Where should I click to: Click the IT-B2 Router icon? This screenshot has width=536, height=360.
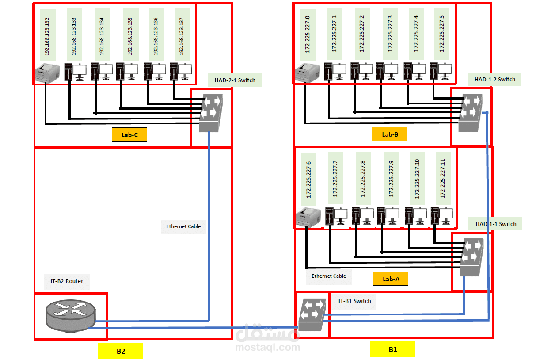click(70, 315)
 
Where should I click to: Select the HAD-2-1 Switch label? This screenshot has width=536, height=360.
click(234, 80)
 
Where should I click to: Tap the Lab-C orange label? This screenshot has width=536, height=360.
click(129, 135)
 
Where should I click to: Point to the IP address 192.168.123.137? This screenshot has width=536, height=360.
click(182, 34)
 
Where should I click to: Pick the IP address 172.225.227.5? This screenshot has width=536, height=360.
click(441, 34)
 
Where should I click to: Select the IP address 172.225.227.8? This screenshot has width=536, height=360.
click(363, 179)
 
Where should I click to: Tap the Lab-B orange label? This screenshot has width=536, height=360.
click(389, 134)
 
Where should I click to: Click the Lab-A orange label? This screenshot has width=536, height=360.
click(390, 279)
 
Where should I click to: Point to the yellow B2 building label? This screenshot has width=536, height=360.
click(120, 351)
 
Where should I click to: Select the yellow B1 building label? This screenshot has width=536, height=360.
click(392, 349)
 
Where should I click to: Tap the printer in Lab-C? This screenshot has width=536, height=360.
click(47, 73)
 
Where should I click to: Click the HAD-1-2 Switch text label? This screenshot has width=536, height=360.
click(494, 80)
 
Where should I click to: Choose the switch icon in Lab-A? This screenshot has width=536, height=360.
click(471, 257)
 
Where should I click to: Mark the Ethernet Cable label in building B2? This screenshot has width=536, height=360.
click(183, 226)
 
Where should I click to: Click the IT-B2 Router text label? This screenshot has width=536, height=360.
click(67, 281)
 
